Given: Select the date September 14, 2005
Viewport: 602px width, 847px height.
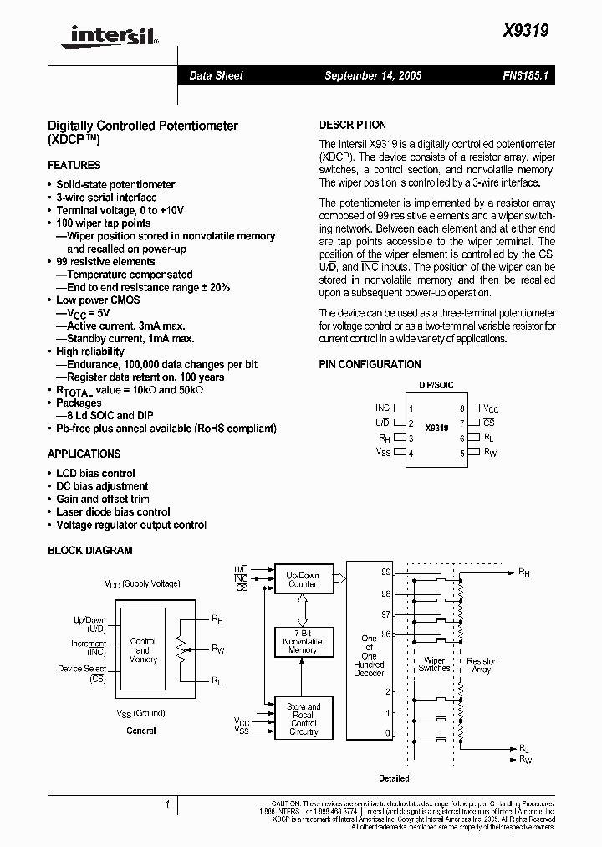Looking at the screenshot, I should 372,76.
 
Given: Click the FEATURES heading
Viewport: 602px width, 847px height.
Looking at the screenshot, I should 74,166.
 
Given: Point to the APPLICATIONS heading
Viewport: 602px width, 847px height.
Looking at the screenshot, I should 84,454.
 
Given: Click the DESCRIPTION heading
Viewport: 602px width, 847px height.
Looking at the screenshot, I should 353,125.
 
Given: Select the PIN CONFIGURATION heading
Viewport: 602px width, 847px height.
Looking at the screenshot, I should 370,365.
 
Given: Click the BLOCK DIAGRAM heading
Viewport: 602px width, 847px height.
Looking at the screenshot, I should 89,551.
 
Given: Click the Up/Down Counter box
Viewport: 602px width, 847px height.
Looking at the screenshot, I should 302,580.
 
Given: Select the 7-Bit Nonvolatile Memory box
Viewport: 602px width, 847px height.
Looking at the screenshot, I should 302,641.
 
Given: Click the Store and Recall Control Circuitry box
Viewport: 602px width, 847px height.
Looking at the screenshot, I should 303,719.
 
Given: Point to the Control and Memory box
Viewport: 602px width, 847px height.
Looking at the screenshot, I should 143,649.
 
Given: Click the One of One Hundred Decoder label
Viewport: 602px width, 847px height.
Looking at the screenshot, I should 369,655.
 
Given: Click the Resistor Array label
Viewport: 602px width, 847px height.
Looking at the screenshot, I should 482,665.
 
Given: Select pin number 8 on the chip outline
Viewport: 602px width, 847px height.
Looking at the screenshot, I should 462,409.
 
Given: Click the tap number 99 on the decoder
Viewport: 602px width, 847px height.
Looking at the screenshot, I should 385,572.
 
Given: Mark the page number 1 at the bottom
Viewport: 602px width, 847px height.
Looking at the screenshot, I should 168,804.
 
